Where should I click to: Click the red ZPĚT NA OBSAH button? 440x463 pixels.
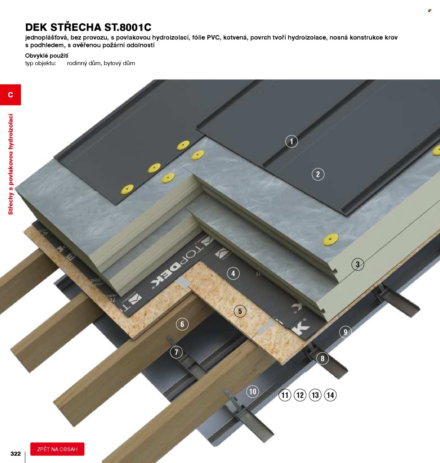[57, 449]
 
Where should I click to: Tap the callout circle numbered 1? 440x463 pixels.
[291, 141]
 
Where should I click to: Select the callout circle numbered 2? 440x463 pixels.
[318, 174]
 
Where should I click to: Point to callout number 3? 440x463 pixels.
[358, 264]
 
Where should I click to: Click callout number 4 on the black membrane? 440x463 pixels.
[233, 273]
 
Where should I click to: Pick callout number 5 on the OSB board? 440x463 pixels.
[240, 311]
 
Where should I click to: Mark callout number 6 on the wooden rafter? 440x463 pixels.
[182, 324]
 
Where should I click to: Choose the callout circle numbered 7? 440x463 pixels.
[176, 352]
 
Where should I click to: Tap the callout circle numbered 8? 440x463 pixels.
[322, 358]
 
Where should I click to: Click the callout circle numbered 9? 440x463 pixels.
[345, 332]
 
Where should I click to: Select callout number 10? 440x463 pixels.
[252, 392]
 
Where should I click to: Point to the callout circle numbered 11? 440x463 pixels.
[285, 395]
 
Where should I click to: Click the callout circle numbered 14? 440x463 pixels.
[330, 395]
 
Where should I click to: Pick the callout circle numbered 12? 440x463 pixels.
[300, 395]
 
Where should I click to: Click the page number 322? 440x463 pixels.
[15, 454]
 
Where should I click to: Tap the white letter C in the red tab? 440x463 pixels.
[10, 95]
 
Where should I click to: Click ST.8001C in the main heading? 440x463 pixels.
[128, 27]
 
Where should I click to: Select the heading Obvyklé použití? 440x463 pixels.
[47, 56]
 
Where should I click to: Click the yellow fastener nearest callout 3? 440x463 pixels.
[330, 239]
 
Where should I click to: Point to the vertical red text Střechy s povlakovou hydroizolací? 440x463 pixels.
[11, 164]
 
